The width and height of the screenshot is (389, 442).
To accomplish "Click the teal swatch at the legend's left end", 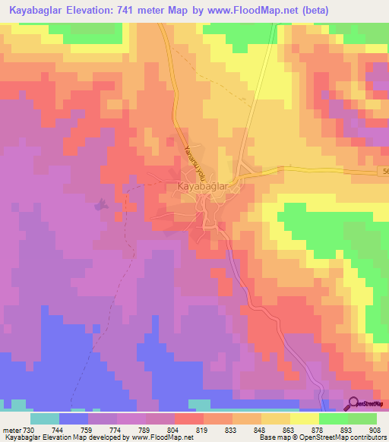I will (45, 418).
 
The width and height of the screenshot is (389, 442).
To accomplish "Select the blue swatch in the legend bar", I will (74, 418).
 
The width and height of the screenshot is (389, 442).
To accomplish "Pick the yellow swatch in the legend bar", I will (305, 418).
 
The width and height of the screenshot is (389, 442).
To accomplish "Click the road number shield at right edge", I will (384, 173).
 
